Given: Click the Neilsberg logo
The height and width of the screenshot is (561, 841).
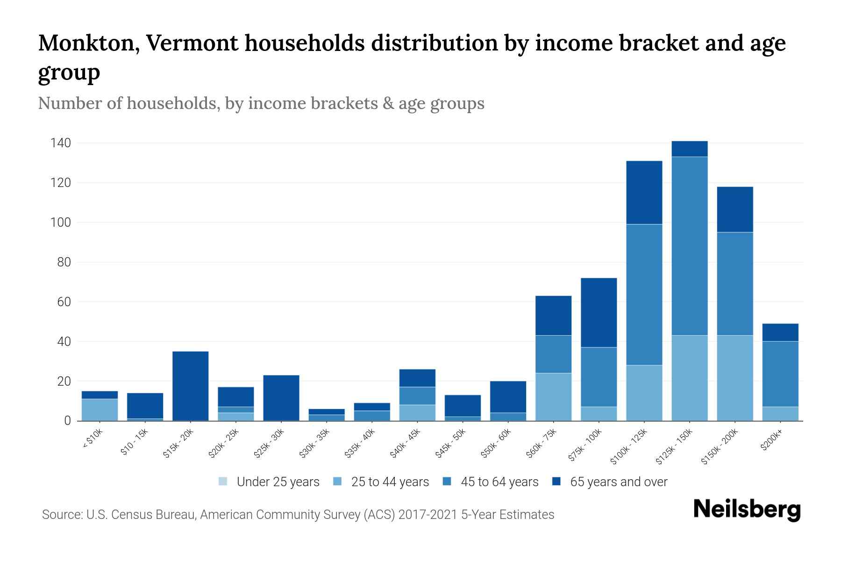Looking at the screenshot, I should click(747, 510).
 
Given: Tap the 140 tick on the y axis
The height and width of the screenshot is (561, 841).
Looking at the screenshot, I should click(61, 143).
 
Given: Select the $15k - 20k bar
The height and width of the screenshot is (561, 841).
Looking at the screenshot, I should click(190, 386).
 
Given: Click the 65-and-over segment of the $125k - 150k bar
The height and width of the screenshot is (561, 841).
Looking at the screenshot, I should click(689, 149).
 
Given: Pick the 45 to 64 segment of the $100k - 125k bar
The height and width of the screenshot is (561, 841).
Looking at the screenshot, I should click(644, 295).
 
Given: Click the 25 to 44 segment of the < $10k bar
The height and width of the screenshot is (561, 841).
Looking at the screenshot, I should click(100, 410).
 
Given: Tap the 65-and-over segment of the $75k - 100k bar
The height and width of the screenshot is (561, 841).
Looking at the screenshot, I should click(599, 312).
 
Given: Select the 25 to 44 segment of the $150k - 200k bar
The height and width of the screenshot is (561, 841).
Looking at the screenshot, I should click(734, 378).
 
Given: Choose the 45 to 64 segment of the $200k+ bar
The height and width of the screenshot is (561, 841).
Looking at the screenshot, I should click(780, 374).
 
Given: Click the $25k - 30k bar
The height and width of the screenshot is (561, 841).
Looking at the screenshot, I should click(281, 398).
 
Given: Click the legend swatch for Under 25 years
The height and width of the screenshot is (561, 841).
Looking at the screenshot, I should click(223, 482).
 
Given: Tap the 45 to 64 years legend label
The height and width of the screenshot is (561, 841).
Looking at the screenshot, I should click(499, 482).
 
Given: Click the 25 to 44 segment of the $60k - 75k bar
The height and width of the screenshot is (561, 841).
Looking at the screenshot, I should click(553, 397).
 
